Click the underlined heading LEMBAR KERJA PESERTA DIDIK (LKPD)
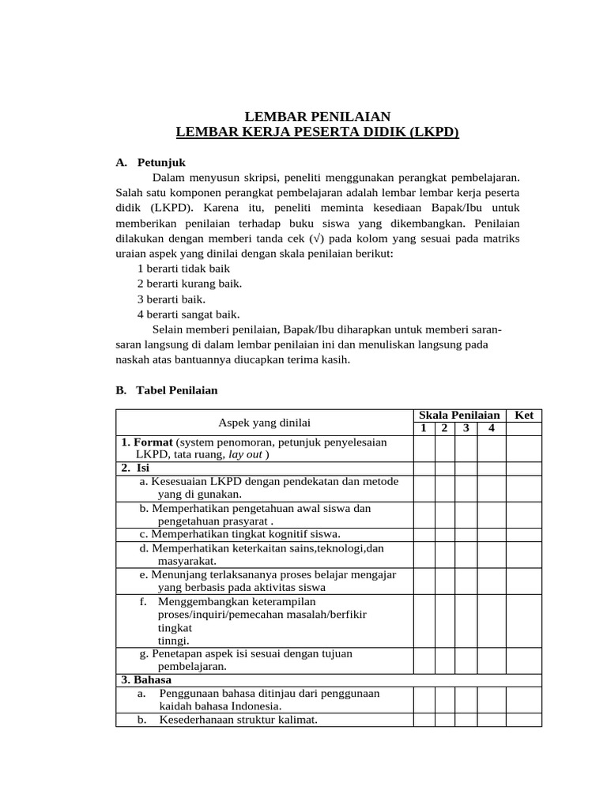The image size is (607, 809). pyautogui.click(x=317, y=132)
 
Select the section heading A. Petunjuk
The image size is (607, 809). pyautogui.click(x=150, y=163)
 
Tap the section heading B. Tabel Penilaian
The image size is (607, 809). pyautogui.click(x=166, y=390)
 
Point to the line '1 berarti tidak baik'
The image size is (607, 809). pyautogui.click(x=183, y=269)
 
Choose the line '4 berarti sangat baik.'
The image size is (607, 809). pyautogui.click(x=188, y=314)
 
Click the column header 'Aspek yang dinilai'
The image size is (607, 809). pyautogui.click(x=265, y=423)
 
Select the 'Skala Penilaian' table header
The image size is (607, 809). pyautogui.click(x=459, y=416)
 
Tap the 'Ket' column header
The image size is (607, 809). pyautogui.click(x=524, y=416)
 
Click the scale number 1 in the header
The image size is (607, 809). pyautogui.click(x=424, y=428)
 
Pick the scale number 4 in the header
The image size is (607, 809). pyautogui.click(x=491, y=428)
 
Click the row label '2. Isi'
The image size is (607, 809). pyautogui.click(x=135, y=468)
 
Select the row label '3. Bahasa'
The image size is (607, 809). pyautogui.click(x=146, y=679)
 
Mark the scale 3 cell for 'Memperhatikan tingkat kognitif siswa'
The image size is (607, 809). pyautogui.click(x=466, y=535)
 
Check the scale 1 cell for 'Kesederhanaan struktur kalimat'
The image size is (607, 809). pyautogui.click(x=424, y=720)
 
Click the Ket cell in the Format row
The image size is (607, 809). pyautogui.click(x=524, y=449)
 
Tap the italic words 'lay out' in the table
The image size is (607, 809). pyautogui.click(x=246, y=455)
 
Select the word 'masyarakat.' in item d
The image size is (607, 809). pyautogui.click(x=187, y=561)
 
